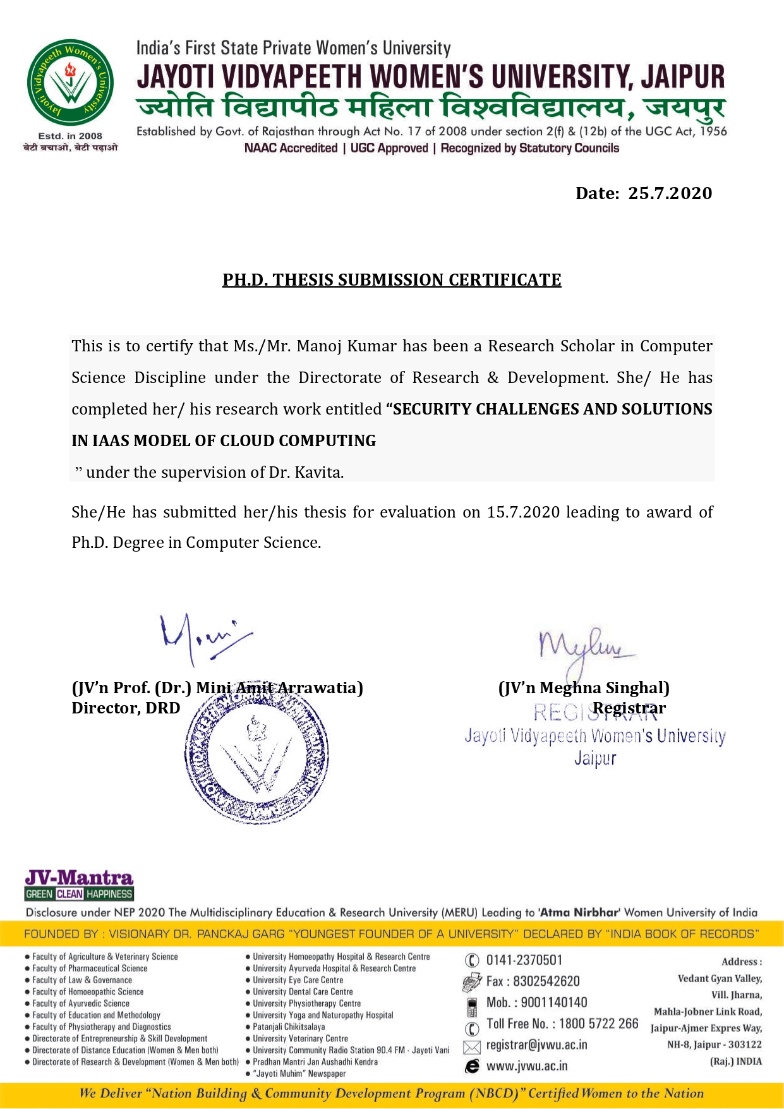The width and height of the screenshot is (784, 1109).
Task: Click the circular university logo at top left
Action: [x=70, y=83]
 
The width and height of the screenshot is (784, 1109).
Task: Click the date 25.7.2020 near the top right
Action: [x=670, y=193]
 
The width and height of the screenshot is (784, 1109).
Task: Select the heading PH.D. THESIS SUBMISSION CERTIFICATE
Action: [x=392, y=280]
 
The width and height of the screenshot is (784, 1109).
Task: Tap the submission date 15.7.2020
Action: [x=523, y=512]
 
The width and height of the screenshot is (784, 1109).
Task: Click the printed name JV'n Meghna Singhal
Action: [x=584, y=688]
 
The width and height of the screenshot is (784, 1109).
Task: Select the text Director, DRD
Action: [x=126, y=708]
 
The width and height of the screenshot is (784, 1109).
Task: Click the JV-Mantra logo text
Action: [x=79, y=878]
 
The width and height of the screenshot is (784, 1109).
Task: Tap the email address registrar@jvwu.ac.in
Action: [x=536, y=1045]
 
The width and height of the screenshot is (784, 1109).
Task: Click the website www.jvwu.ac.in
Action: [x=526, y=1067]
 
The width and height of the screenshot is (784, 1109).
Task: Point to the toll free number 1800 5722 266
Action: [x=598, y=1024]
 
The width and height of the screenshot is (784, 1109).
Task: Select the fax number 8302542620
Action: [x=546, y=981]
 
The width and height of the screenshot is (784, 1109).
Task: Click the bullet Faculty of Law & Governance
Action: [x=82, y=980]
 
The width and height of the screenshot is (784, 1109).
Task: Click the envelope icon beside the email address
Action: [x=472, y=1047]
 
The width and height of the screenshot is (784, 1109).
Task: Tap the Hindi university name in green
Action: [x=431, y=107]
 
